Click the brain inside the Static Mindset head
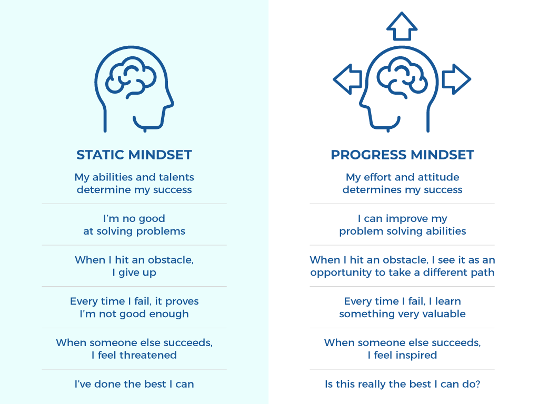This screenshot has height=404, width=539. [131, 78]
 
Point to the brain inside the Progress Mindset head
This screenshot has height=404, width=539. [402, 78]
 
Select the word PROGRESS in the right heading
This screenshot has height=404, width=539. [368, 155]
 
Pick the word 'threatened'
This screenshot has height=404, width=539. [148, 355]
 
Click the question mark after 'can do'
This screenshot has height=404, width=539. [477, 383]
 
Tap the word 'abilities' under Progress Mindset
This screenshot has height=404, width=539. [446, 231]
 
